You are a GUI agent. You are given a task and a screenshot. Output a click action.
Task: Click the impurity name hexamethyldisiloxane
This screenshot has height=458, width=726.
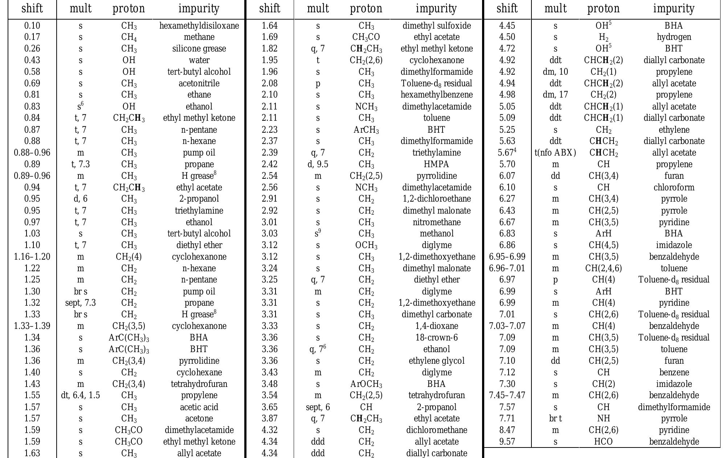(199, 26)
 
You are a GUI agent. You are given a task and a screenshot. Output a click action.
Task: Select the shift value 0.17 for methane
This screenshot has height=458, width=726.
(32, 37)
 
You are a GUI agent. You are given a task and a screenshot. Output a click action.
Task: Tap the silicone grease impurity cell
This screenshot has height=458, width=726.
(199, 49)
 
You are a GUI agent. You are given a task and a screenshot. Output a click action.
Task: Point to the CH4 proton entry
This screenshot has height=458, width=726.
(129, 37)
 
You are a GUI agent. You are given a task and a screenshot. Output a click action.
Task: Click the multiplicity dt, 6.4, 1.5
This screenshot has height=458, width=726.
(80, 395)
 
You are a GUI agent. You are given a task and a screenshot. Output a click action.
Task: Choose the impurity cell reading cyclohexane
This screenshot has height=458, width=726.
(199, 372)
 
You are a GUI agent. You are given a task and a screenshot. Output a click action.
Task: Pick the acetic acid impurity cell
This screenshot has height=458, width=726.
(199, 407)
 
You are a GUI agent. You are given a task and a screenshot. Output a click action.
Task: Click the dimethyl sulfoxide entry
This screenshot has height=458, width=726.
(436, 26)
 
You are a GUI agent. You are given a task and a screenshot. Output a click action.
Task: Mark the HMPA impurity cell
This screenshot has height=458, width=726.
(436, 164)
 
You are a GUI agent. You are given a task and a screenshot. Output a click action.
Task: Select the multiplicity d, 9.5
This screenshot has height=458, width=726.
(318, 164)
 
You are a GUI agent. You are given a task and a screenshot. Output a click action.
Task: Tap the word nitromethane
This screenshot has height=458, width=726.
(436, 222)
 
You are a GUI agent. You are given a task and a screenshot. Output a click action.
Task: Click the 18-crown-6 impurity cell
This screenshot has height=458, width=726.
(436, 338)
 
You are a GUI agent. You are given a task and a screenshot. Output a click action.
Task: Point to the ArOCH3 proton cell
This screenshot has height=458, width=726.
(366, 384)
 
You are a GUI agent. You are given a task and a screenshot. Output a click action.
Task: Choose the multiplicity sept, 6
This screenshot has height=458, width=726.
(318, 407)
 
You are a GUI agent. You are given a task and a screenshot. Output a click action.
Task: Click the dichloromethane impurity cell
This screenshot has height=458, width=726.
(436, 430)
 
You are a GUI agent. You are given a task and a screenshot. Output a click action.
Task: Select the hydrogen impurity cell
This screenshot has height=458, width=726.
(674, 37)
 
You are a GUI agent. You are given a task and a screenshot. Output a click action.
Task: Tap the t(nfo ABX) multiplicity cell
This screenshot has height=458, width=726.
(555, 153)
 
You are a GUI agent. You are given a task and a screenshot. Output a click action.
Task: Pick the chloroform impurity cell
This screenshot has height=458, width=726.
(674, 187)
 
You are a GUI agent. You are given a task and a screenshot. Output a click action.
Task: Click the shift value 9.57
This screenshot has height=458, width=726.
(507, 442)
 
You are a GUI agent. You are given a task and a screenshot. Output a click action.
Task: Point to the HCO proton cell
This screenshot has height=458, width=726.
(603, 442)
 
